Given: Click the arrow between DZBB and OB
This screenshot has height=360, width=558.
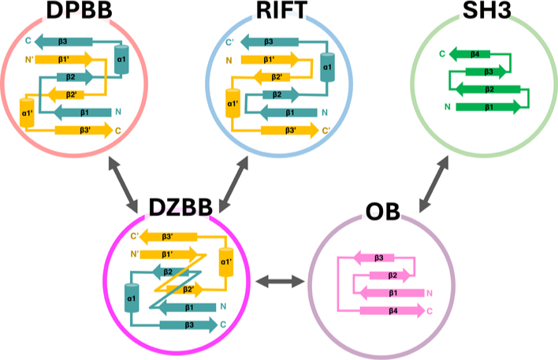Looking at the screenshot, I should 280,280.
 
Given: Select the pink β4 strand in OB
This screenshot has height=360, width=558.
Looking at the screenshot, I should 392,310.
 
